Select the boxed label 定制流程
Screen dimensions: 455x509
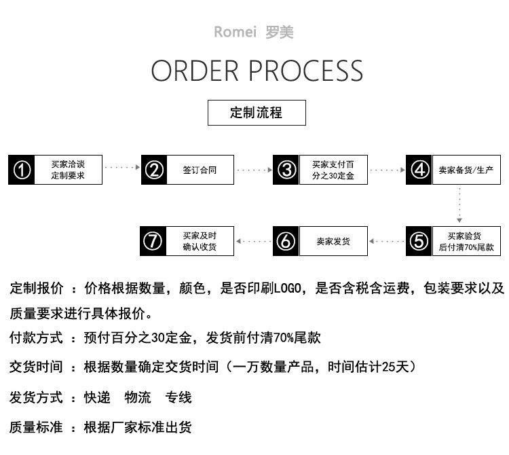tap(257, 113)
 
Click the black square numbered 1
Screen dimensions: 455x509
tap(22, 170)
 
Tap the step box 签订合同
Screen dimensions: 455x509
tap(200, 170)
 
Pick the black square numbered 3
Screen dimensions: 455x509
tap(287, 170)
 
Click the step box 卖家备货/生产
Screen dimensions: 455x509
tap(466, 170)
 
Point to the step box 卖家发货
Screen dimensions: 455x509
tap(333, 241)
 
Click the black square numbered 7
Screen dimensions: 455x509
tap(154, 241)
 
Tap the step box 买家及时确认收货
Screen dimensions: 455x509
tap(200, 241)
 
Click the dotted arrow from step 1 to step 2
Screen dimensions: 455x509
tap(122, 167)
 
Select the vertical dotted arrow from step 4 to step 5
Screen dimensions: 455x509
tap(459, 204)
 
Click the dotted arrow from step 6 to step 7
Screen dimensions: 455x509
tap(254, 241)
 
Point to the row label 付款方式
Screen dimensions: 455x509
tap(36, 338)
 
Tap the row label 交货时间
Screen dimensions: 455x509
tap(36, 367)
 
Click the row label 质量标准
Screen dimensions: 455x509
tap(36, 427)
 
